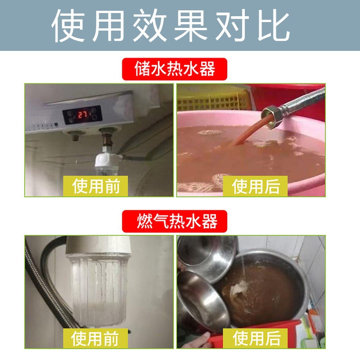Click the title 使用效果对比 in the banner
(x=171, y=25)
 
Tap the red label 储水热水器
(x=175, y=69)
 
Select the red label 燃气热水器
(x=175, y=221)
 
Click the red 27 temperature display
(x=82, y=115)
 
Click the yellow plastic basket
(x=213, y=100)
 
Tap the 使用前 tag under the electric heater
(x=95, y=186)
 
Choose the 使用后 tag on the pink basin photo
(x=255, y=186)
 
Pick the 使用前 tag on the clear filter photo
(x=95, y=338)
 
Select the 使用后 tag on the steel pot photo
(x=255, y=338)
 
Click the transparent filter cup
(x=99, y=290)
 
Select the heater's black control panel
(x=82, y=115)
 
